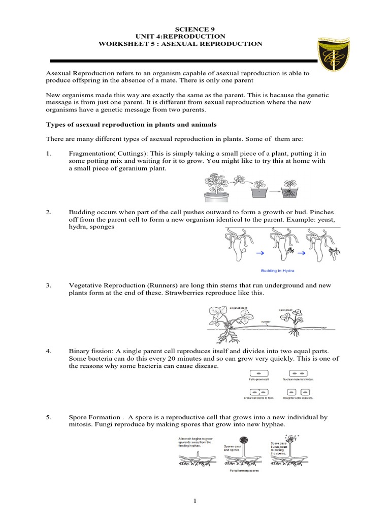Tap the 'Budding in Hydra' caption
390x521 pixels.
pyautogui.click(x=277, y=271)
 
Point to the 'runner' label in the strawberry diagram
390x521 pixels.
pyautogui.click(x=266, y=322)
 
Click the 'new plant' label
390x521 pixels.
pyautogui.click(x=286, y=310)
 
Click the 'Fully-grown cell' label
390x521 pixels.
pyautogui.click(x=258, y=380)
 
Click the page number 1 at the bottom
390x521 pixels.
pyautogui.click(x=195, y=501)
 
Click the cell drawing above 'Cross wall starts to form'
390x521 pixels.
pyautogui.click(x=258, y=391)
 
